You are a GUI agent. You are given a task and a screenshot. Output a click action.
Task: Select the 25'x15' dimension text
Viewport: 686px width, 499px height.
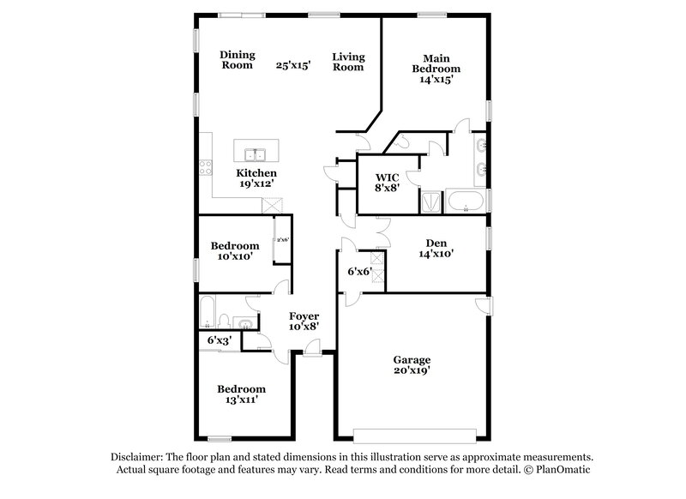coord(292,64)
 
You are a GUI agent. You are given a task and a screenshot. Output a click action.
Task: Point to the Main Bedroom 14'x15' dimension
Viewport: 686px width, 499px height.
coord(436,79)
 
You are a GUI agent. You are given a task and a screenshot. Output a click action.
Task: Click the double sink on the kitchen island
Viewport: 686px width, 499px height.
coord(255,155)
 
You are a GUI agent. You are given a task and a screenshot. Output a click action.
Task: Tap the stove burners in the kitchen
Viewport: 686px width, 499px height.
coord(206,167)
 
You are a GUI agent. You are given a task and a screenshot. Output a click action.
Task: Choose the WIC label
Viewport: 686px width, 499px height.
coord(386,177)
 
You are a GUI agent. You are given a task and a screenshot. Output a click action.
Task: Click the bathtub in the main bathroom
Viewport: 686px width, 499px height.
coord(466,203)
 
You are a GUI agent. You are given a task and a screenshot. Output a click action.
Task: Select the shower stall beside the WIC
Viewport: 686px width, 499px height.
coord(429,202)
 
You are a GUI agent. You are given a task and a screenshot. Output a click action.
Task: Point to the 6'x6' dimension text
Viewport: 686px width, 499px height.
coord(359,272)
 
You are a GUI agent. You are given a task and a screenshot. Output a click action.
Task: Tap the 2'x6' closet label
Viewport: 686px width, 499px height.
coord(281,239)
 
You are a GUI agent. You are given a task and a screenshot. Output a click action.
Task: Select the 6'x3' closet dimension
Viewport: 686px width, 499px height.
coord(219,340)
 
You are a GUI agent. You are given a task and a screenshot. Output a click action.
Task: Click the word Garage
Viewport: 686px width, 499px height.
coord(412,360)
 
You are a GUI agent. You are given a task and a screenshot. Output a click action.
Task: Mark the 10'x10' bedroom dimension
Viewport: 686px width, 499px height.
coord(235,257)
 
